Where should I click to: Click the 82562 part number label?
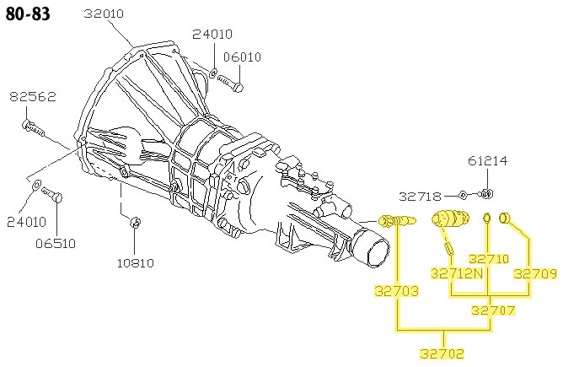coord(33,97)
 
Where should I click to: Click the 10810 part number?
coord(136,262)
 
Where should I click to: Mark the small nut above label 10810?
coord(137,223)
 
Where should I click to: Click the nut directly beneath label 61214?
coord(485,195)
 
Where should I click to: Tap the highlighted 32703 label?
coord(396,292)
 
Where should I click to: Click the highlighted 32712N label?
coord(456,273)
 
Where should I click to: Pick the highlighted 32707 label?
coord(492,310)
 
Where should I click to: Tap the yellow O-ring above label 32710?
coord(487,219)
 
